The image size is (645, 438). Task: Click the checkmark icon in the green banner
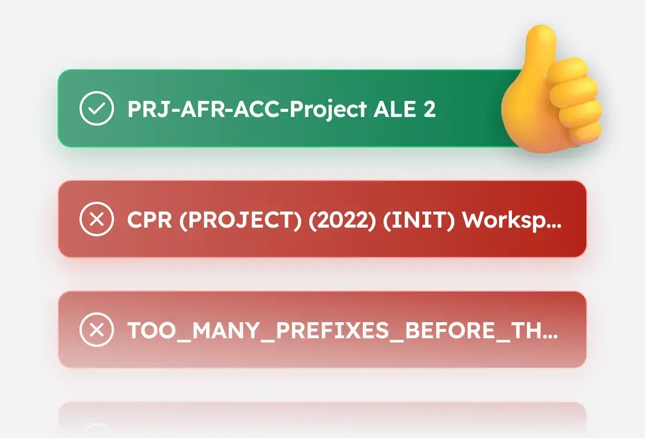tap(97, 109)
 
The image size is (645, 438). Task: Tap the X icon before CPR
tap(97, 220)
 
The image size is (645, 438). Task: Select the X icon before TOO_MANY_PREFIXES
tap(97, 330)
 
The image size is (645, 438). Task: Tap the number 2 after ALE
tap(429, 109)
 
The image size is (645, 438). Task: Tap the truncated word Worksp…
tap(512, 220)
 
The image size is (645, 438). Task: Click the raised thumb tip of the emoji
tap(541, 37)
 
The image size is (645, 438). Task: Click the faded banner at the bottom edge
tap(322, 418)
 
